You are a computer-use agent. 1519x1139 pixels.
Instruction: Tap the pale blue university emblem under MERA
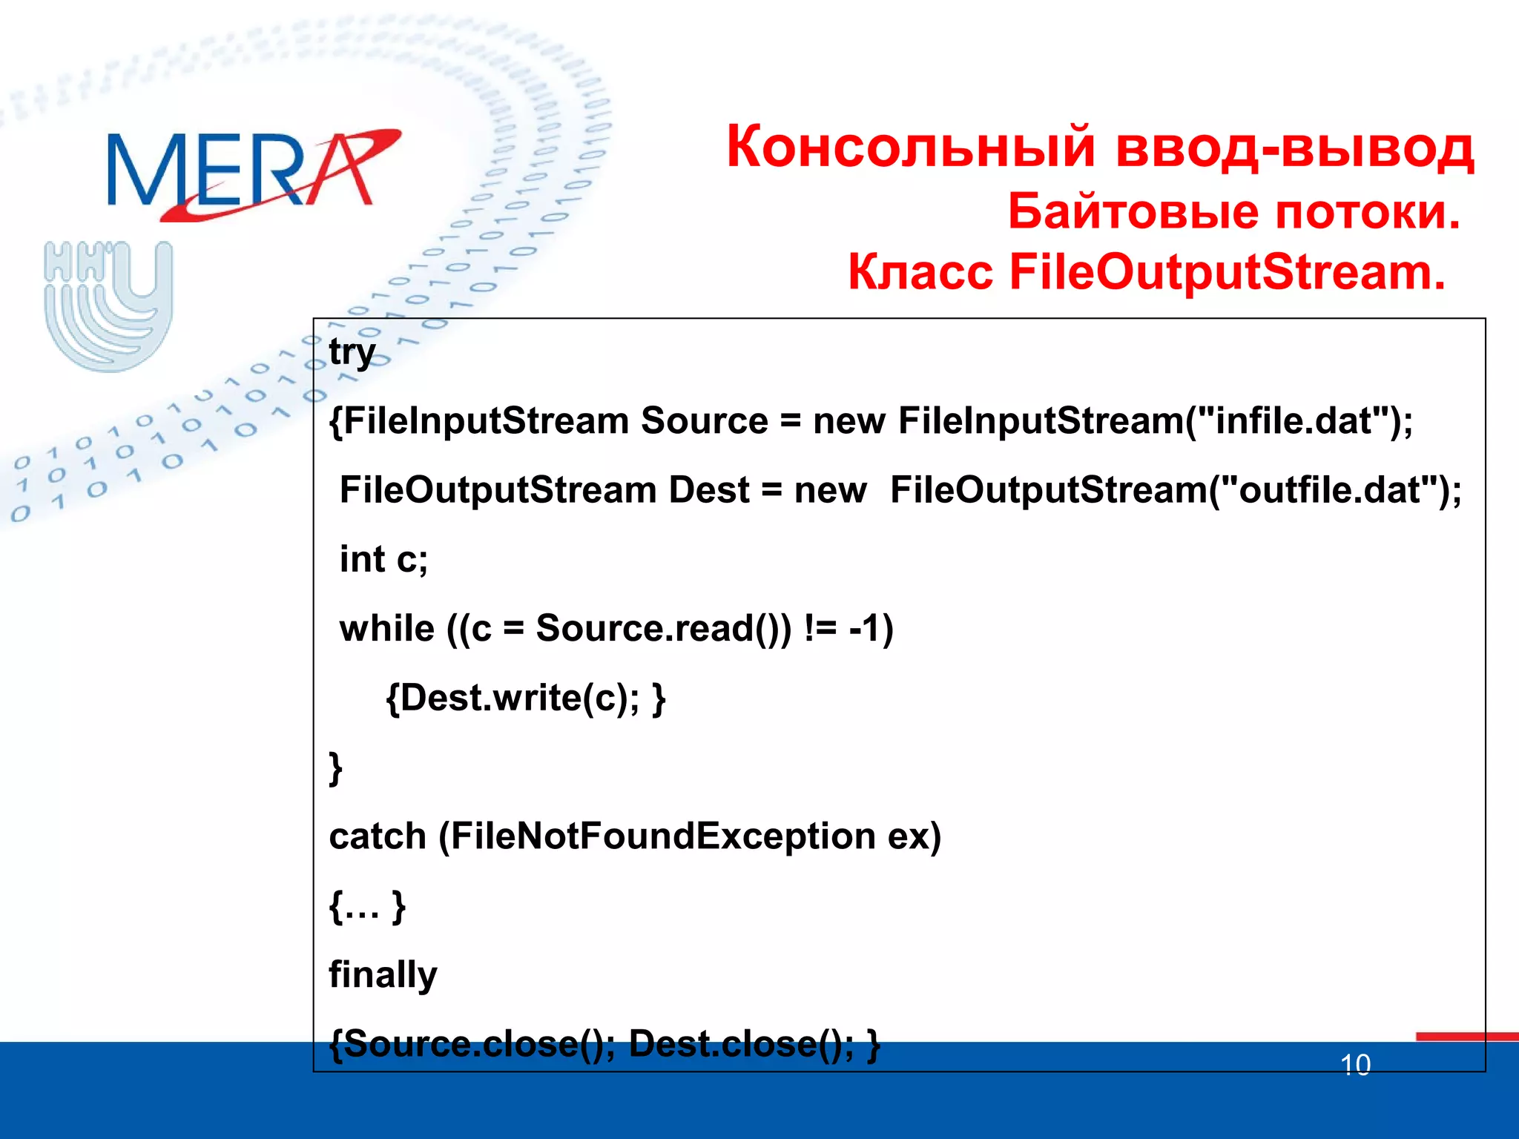click(108, 306)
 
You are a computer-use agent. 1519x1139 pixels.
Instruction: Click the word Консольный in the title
click(911, 147)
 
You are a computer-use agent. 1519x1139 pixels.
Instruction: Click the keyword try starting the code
click(352, 351)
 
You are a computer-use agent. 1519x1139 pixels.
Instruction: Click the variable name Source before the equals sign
click(704, 421)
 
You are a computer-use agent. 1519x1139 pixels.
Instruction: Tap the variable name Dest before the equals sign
click(708, 490)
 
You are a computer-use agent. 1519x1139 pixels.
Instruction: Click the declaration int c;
click(383, 559)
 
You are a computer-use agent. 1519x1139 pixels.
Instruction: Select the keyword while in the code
click(386, 629)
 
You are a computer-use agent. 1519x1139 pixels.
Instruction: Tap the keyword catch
click(377, 836)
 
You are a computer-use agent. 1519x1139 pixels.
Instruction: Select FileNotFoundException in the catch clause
click(663, 836)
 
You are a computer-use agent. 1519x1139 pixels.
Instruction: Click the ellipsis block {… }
click(367, 905)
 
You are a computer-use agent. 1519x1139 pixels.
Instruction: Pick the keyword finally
click(383, 974)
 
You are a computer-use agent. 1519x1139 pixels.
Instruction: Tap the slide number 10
click(1355, 1066)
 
